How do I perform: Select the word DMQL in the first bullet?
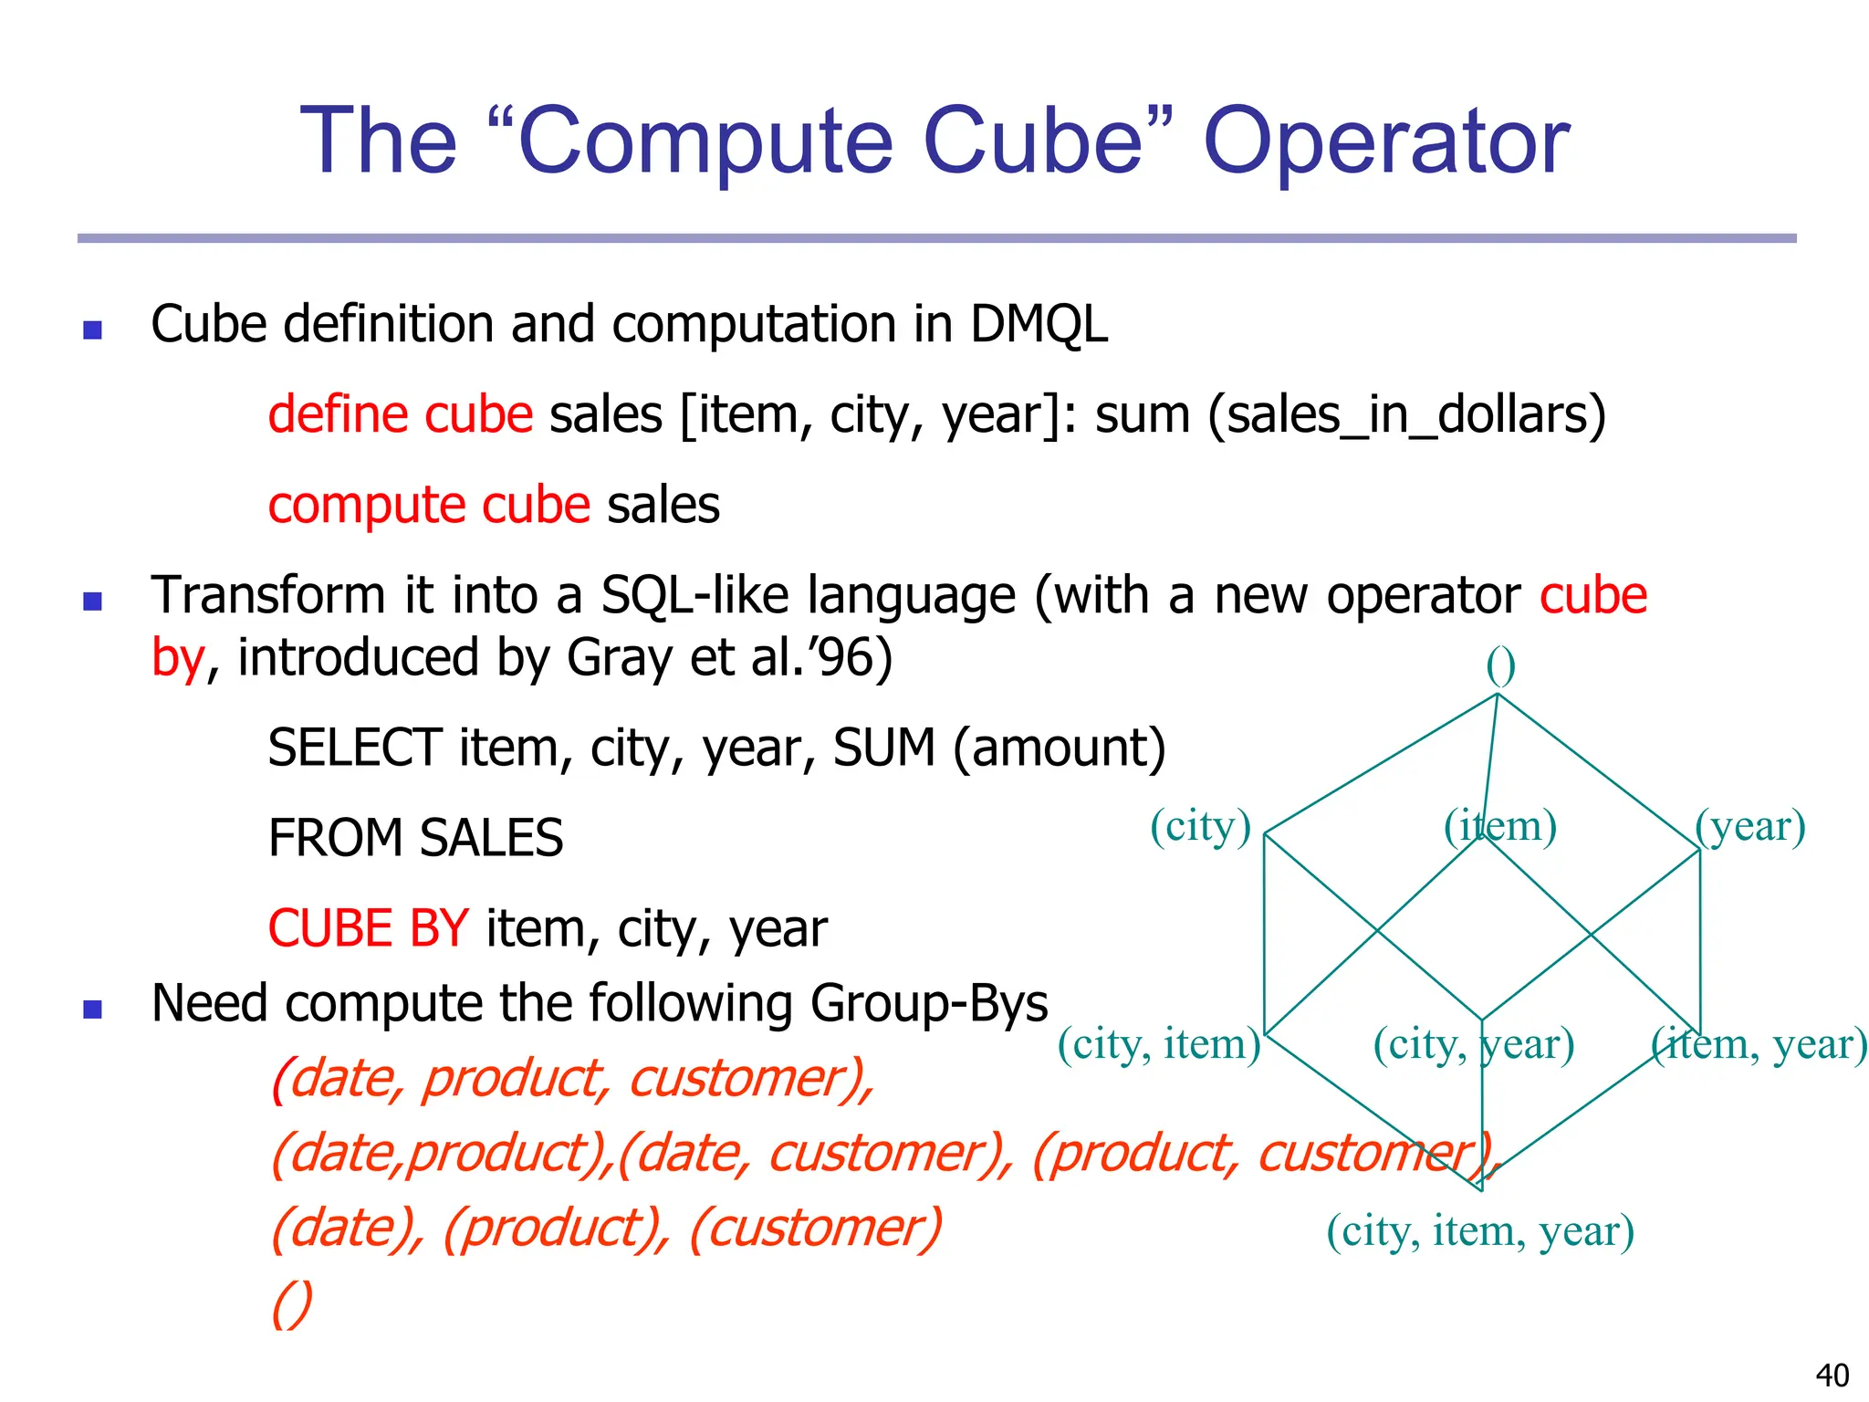click(x=1039, y=324)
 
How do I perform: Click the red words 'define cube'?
click(x=400, y=415)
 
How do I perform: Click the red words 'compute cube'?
click(x=429, y=505)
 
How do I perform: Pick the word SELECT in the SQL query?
click(x=355, y=748)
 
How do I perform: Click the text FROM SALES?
click(x=415, y=838)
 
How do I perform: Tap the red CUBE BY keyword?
click(x=368, y=928)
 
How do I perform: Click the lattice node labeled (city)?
click(x=1199, y=826)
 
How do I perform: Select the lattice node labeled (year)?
click(x=1749, y=826)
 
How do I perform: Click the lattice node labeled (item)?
click(x=1499, y=826)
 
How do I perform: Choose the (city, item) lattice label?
click(x=1158, y=1043)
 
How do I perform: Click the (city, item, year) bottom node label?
click(x=1479, y=1230)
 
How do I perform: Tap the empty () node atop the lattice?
click(x=1500, y=666)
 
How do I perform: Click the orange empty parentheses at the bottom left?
click(x=292, y=1303)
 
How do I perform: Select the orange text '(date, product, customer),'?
click(x=573, y=1078)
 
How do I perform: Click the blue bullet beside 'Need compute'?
click(x=92, y=1009)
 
